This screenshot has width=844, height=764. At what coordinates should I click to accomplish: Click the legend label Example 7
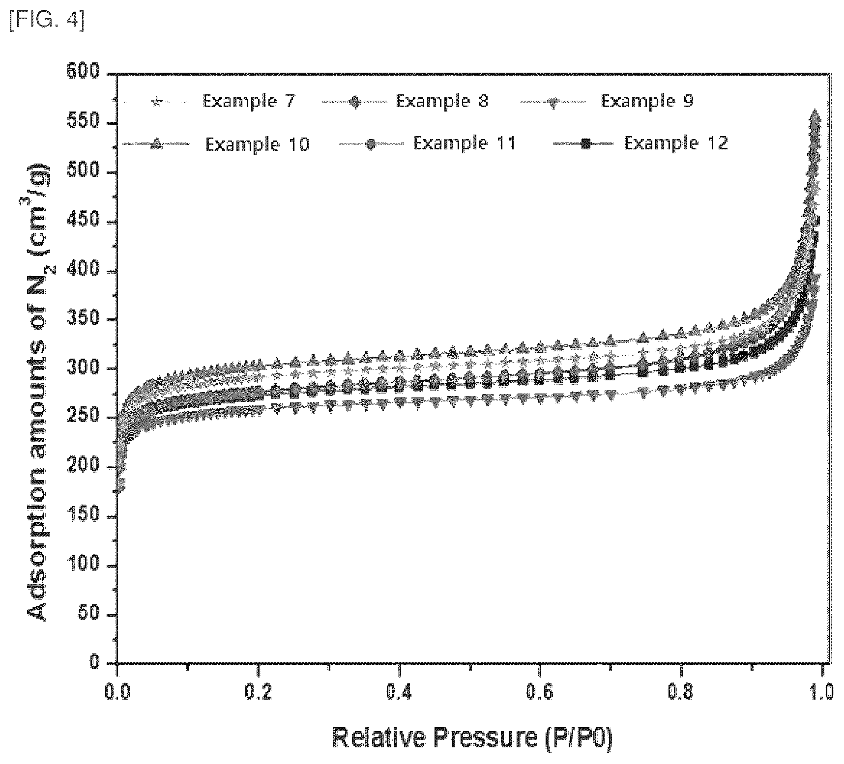(249, 101)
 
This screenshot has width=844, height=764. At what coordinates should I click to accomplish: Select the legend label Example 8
(442, 101)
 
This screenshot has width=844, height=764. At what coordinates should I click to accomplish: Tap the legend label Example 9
(647, 101)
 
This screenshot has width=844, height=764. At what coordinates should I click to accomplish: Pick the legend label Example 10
(257, 144)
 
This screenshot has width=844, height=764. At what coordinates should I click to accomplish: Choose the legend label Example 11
(465, 143)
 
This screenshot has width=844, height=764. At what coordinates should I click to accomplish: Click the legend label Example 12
(676, 143)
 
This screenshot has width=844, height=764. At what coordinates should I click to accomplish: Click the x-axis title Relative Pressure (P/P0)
(472, 738)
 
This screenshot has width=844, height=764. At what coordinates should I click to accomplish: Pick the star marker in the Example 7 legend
(156, 102)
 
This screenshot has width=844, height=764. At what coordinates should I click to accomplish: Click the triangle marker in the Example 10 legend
(156, 143)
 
